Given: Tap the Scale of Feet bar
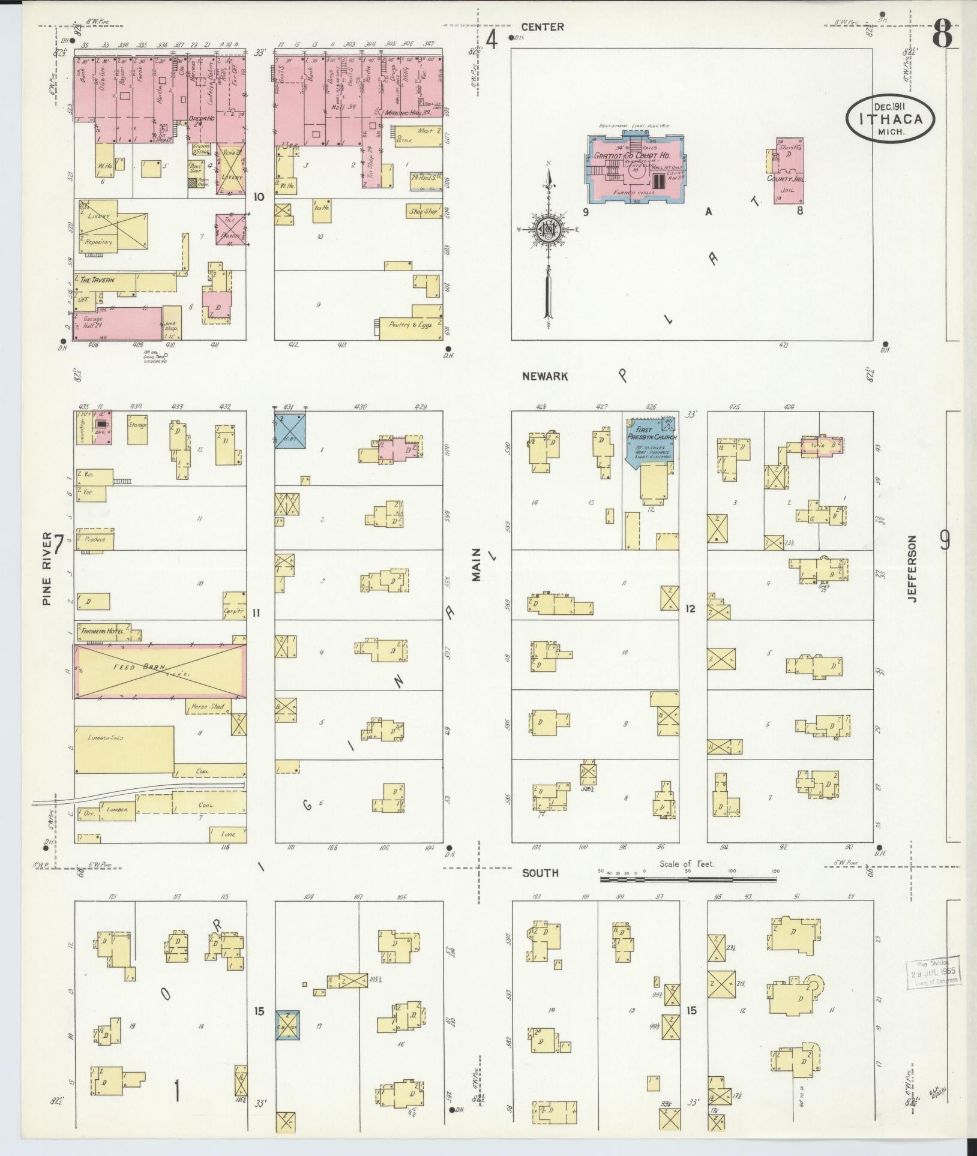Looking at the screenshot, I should click(688, 879).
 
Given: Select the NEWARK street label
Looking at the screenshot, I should click(544, 376).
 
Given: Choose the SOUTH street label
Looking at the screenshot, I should click(540, 873).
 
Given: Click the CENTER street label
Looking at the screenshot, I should click(542, 27).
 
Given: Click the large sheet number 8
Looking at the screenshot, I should click(942, 35).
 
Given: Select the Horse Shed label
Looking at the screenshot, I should click(207, 707).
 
